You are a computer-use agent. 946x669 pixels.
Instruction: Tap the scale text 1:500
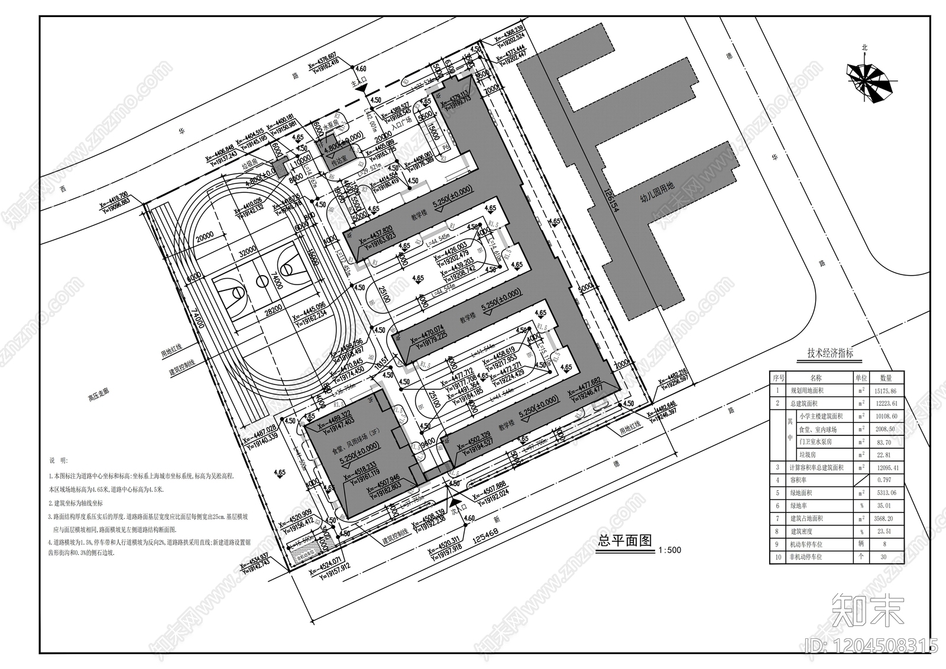tap(669, 550)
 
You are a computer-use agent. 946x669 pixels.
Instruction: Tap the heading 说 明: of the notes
tap(59, 460)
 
